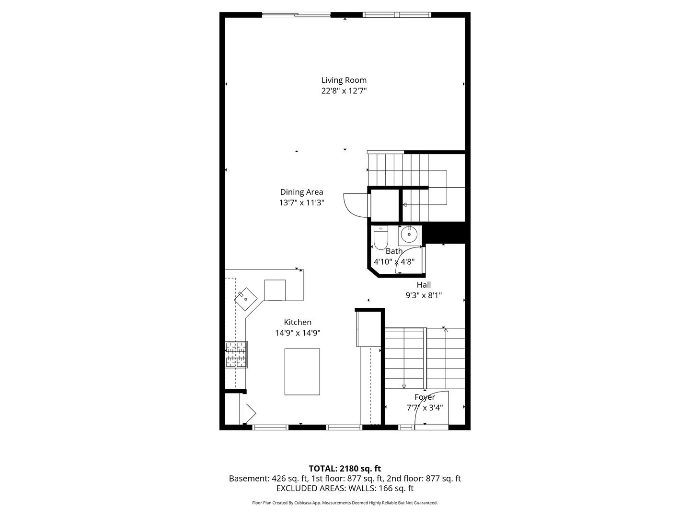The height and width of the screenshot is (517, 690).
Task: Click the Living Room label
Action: tap(344, 80)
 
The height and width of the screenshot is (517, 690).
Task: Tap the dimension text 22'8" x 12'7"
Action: tap(344, 90)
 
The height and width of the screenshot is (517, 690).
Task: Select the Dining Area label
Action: tap(301, 192)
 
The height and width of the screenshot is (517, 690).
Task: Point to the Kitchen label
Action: tap(298, 322)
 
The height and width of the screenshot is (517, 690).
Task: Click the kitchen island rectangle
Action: tap(302, 371)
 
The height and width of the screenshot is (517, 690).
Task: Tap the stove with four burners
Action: tap(237, 355)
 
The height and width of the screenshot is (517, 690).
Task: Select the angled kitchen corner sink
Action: tap(245, 299)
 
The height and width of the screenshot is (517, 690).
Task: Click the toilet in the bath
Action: tap(380, 237)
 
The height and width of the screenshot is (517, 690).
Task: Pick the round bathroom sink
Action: tap(409, 235)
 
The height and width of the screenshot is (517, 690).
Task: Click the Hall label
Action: tap(424, 285)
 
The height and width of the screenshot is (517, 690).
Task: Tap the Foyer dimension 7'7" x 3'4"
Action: tap(425, 408)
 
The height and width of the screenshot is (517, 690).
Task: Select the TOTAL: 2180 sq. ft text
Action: tap(345, 468)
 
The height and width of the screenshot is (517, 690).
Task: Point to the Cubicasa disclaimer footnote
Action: tap(345, 503)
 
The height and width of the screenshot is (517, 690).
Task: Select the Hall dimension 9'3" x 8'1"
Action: tap(424, 295)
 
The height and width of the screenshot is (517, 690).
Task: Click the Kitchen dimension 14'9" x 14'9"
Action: tap(298, 333)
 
